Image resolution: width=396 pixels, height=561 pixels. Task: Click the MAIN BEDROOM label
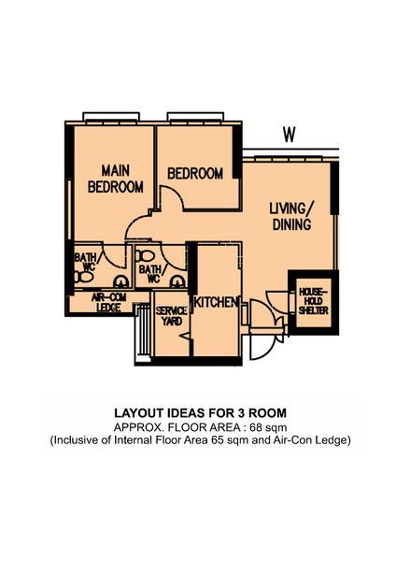click(x=116, y=179)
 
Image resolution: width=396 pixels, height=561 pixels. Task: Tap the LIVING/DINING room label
click(x=292, y=217)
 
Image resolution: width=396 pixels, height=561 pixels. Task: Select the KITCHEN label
click(x=216, y=302)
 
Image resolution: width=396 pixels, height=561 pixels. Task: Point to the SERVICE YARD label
click(x=172, y=316)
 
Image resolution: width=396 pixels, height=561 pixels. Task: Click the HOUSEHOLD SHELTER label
click(x=314, y=301)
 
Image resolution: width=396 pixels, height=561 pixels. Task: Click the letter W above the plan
click(x=290, y=135)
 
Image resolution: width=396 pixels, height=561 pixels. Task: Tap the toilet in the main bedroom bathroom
click(x=83, y=277)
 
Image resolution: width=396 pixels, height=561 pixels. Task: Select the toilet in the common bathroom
click(x=145, y=256)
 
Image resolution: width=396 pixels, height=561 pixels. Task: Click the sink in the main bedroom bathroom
click(x=120, y=282)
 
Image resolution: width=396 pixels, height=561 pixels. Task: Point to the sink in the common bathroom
click(x=177, y=282)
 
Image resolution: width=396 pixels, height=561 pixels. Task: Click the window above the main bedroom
click(x=111, y=117)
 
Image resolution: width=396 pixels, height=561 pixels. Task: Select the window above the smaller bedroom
click(x=195, y=117)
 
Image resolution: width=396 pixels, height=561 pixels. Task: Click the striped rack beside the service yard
click(x=144, y=331)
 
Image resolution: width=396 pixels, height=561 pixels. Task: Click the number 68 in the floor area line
click(x=256, y=427)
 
